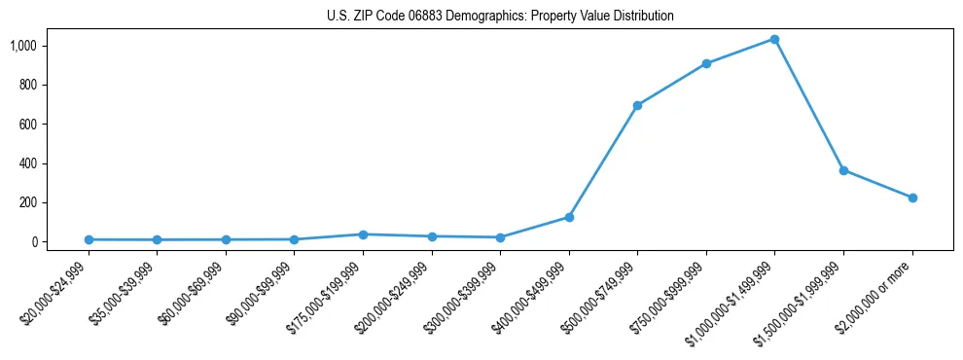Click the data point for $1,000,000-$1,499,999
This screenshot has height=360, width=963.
[x=774, y=39]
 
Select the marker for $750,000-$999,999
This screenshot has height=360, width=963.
[x=706, y=64]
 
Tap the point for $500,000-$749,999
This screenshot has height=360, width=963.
[x=637, y=105]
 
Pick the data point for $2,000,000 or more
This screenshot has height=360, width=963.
[x=912, y=198]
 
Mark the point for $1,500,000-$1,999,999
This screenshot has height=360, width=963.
[x=843, y=170]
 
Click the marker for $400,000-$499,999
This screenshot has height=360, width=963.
[x=569, y=217]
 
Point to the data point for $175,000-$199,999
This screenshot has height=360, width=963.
[x=363, y=234]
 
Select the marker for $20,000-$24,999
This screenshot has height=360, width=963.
[x=89, y=239]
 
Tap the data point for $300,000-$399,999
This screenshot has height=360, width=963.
[x=500, y=237]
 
